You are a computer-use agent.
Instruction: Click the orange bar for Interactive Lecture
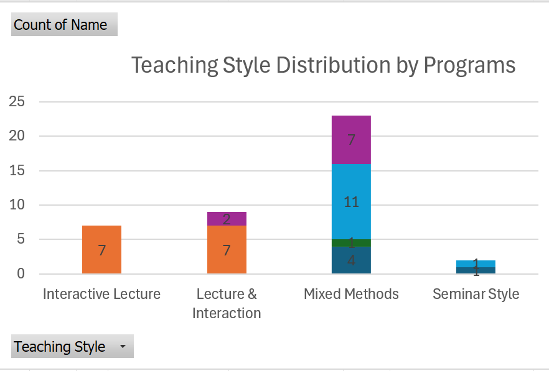pyautogui.click(x=101, y=249)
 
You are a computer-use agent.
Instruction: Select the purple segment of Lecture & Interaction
pyautogui.click(x=227, y=219)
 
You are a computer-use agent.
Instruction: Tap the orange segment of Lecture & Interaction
pyautogui.click(x=227, y=249)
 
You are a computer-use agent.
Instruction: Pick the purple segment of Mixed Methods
pyautogui.click(x=351, y=140)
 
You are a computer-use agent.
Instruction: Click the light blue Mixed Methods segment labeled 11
pyautogui.click(x=351, y=202)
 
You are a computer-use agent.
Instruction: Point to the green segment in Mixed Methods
pyautogui.click(x=351, y=243)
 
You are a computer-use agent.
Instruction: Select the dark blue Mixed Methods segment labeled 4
pyautogui.click(x=351, y=260)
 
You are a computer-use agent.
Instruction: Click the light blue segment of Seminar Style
pyautogui.click(x=476, y=263)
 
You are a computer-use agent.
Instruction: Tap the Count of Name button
pyautogui.click(x=65, y=24)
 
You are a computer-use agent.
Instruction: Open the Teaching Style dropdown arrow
pyautogui.click(x=123, y=346)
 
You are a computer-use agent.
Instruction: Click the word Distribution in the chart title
pyautogui.click(x=333, y=65)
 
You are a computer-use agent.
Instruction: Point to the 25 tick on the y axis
pyautogui.click(x=17, y=101)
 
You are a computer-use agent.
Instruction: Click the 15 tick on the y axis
pyautogui.click(x=17, y=170)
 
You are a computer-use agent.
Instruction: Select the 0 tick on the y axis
pyautogui.click(x=21, y=273)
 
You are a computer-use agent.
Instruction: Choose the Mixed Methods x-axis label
pyautogui.click(x=351, y=294)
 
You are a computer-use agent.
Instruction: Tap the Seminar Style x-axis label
pyautogui.click(x=476, y=294)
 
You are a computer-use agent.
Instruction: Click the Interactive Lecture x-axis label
pyautogui.click(x=101, y=294)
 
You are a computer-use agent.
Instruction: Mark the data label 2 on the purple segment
pyautogui.click(x=227, y=219)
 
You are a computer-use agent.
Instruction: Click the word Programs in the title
pyautogui.click(x=469, y=66)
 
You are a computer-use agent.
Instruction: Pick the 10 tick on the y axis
pyautogui.click(x=17, y=204)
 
